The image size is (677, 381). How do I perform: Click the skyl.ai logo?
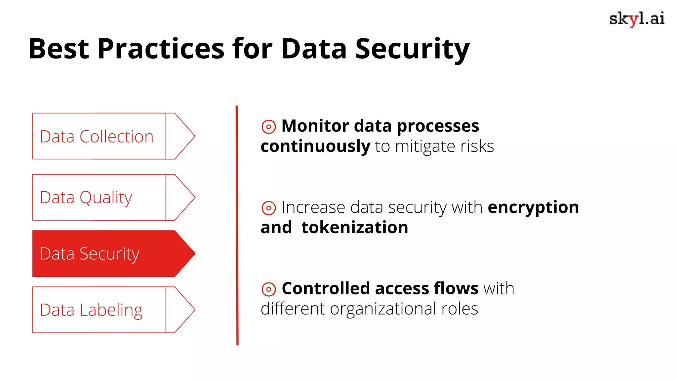coord(637,19)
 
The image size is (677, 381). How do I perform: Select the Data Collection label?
coord(97,137)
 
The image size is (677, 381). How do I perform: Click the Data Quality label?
coord(86,198)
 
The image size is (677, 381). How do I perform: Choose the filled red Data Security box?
coord(99,254)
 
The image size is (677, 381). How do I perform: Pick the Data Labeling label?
coord(91,310)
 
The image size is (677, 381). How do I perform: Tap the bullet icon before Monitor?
coord(268,127)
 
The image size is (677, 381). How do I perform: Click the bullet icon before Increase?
coord(268,208)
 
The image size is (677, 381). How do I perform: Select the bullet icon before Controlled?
coord(268,289)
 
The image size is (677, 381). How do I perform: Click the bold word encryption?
coord(533,208)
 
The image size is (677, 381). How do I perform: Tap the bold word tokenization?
coord(355,228)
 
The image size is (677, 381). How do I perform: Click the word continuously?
coord(315,146)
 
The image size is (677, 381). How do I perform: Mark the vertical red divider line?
coord(237,225)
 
